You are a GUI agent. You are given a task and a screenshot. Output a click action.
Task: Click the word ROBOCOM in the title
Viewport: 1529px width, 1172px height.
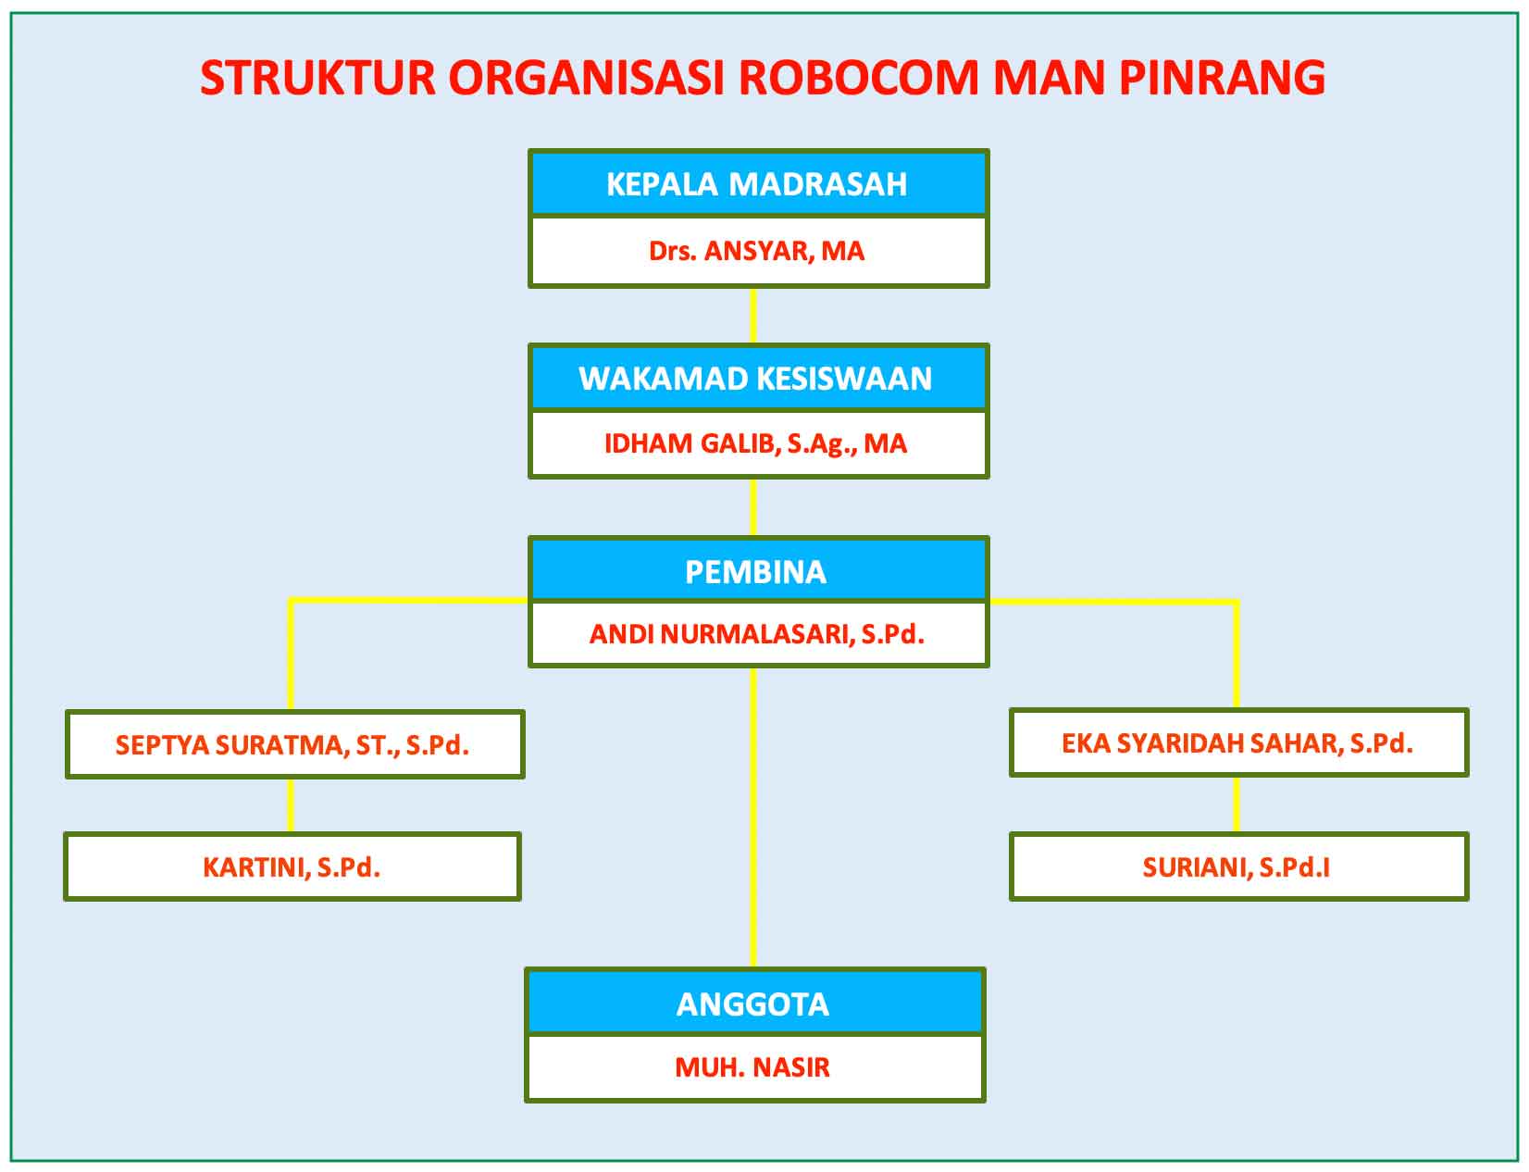point(858,77)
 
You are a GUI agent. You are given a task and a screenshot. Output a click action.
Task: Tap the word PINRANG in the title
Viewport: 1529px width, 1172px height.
point(1223,77)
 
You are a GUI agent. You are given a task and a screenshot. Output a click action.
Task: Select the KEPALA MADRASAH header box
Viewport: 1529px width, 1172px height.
point(759,183)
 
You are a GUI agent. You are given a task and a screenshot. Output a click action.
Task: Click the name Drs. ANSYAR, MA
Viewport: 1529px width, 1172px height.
point(756,251)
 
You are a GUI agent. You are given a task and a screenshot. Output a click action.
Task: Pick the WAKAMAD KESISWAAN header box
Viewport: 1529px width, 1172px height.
point(759,378)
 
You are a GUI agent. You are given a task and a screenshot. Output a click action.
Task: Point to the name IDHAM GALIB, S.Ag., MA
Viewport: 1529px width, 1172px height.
point(755,443)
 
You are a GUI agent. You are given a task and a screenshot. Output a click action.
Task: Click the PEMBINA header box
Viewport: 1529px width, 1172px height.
point(759,570)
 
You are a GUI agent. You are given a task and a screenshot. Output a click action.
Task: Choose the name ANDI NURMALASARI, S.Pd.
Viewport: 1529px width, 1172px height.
point(756,634)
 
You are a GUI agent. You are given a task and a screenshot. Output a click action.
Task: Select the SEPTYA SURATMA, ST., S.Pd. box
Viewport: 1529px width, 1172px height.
point(295,744)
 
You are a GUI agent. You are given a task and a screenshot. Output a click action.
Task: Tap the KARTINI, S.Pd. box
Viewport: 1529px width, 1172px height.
point(292,867)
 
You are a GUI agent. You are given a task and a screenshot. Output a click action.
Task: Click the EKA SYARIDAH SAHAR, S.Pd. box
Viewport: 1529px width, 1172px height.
point(1238,742)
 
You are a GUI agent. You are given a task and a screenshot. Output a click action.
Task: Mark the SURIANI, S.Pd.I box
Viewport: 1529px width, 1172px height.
point(1238,867)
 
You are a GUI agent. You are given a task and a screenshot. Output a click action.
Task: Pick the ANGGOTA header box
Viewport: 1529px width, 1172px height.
point(754,1003)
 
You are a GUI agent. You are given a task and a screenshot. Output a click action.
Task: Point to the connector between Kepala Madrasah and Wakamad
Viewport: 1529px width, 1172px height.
point(752,316)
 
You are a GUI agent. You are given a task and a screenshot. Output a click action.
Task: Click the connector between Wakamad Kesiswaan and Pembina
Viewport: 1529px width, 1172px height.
point(752,508)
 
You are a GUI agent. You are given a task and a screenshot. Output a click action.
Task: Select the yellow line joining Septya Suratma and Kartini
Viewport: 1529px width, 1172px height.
point(291,805)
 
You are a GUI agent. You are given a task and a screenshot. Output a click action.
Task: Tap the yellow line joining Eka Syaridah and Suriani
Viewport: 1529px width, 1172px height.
point(1237,804)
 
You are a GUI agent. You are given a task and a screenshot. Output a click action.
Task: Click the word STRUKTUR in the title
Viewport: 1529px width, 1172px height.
point(318,77)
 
